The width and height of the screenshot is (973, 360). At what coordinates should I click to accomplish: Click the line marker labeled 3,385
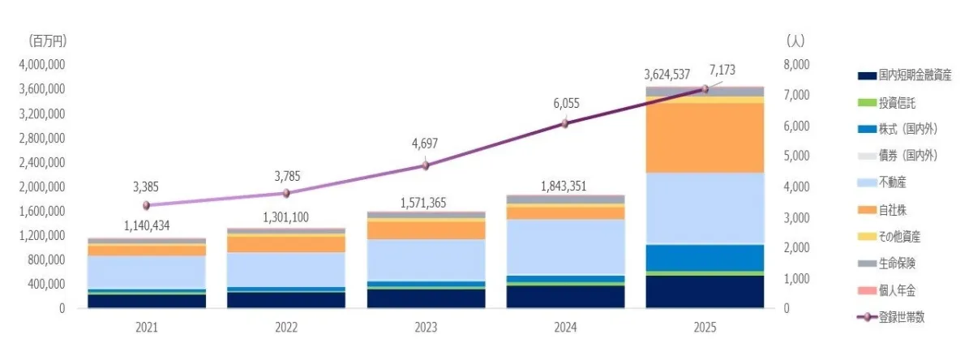[147, 205]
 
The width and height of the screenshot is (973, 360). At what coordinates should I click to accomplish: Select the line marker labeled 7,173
[705, 89]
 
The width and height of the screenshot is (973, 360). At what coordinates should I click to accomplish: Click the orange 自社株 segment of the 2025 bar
[705, 138]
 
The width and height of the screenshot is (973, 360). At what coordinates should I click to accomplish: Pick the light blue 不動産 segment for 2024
[565, 246]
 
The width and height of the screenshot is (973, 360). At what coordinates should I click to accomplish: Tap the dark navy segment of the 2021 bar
[147, 301]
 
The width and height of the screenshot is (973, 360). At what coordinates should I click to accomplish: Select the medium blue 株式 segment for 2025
[705, 257]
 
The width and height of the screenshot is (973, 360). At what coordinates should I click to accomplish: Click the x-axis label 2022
[286, 328]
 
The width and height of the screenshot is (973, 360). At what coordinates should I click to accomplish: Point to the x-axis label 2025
[705, 328]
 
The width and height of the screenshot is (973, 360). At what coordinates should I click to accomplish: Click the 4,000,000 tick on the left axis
[43, 65]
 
